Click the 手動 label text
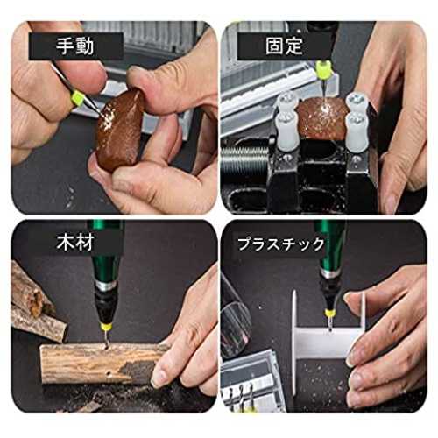pyautogui.click(x=75, y=46)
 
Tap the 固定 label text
pyautogui.click(x=284, y=46)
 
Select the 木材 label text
pyautogui.click(x=75, y=243)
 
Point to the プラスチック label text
pyautogui.click(x=281, y=244)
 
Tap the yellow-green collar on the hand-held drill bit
pyautogui.click(x=78, y=97)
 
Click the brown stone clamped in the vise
pyautogui.click(x=322, y=118)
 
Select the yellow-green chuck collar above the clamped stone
pyautogui.click(x=324, y=69)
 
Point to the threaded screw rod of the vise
pyautogui.click(x=244, y=159)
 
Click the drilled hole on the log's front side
pyautogui.click(x=109, y=373)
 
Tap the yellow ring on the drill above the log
pyautogui.click(x=107, y=328)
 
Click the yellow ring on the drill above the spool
pyautogui.click(x=331, y=314)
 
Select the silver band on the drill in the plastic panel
pyautogui.click(x=330, y=272)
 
